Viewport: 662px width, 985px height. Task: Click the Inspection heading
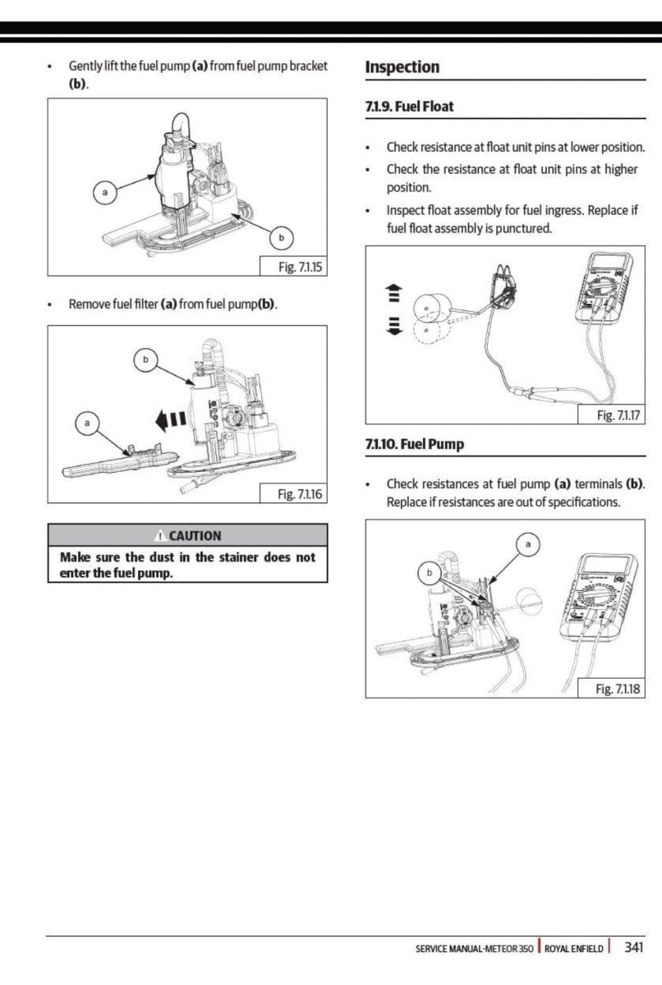[402, 67]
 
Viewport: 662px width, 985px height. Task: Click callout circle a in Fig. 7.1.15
[103, 194]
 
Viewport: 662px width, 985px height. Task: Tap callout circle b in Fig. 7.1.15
[282, 238]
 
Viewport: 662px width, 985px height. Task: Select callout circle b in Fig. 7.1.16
[146, 360]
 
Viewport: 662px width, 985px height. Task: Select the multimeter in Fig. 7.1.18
[597, 595]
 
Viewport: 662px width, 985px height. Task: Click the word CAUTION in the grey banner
[195, 535]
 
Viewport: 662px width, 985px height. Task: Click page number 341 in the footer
[633, 947]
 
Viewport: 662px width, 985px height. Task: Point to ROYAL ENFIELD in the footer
[574, 948]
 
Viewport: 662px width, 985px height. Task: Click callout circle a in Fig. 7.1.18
[529, 544]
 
